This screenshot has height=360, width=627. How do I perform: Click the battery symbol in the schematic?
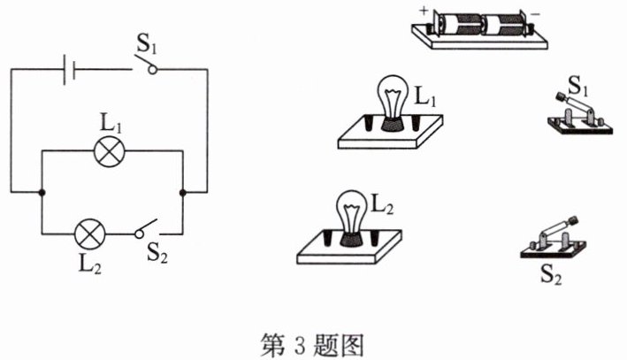tap(70, 70)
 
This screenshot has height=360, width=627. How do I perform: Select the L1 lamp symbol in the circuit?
tap(109, 151)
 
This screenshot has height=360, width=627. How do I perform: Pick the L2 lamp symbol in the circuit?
tap(90, 234)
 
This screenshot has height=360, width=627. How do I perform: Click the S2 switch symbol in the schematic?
tap(146, 229)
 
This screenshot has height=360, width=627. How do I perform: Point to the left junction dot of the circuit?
tap(42, 193)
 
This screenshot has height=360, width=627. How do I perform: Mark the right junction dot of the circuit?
tap(183, 193)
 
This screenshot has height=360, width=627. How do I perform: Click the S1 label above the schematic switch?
tap(146, 44)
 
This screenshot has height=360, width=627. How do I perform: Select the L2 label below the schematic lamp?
tap(90, 263)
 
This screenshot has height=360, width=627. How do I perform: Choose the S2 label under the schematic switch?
tap(157, 253)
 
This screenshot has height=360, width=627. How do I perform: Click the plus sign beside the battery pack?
tap(424, 11)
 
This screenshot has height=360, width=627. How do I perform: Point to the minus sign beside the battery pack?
tap(535, 14)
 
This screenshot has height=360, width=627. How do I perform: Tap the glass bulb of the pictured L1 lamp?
tap(393, 96)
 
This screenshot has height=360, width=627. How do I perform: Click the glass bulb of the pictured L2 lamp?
tap(351, 212)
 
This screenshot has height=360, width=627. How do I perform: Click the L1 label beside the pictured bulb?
tap(424, 96)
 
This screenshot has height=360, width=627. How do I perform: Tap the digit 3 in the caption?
tap(299, 345)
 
